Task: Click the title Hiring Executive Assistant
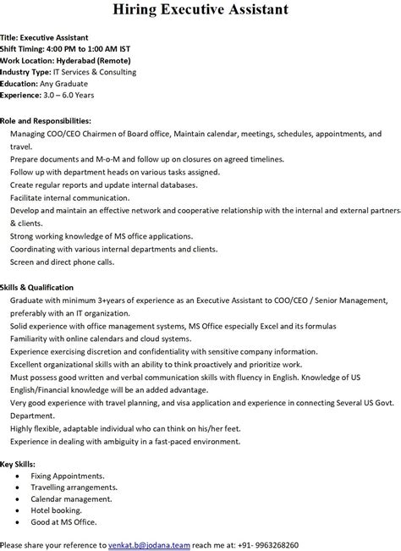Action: click(200, 10)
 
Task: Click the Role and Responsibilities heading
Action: click(45, 121)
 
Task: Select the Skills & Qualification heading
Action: click(37, 288)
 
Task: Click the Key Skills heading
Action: click(19, 464)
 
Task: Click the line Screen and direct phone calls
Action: click(62, 262)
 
